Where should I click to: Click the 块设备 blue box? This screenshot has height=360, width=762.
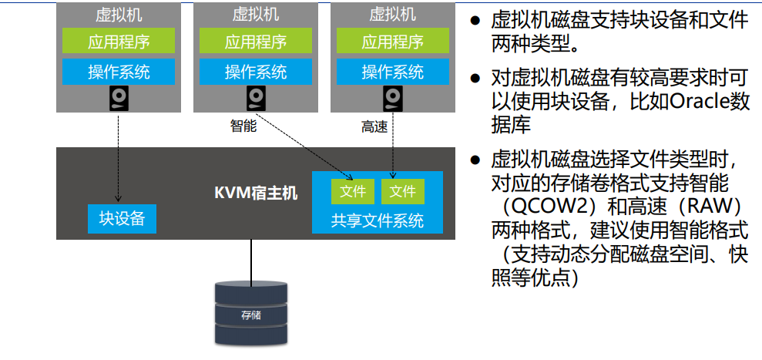[122, 219]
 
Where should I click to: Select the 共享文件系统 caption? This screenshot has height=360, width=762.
[377, 220]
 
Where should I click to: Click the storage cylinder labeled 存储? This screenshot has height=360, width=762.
[251, 312]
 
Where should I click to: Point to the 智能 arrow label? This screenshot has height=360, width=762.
[243, 126]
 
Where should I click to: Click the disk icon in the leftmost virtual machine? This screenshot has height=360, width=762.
[119, 99]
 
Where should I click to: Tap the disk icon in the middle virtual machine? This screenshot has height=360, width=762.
[256, 99]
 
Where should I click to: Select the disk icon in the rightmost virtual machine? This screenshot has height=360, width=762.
[393, 99]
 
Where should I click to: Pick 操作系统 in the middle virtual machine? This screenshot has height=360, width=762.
[256, 72]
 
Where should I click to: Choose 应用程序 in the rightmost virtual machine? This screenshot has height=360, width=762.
[393, 42]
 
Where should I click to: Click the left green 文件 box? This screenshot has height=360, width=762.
[352, 191]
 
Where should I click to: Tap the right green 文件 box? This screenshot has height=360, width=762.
[401, 191]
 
